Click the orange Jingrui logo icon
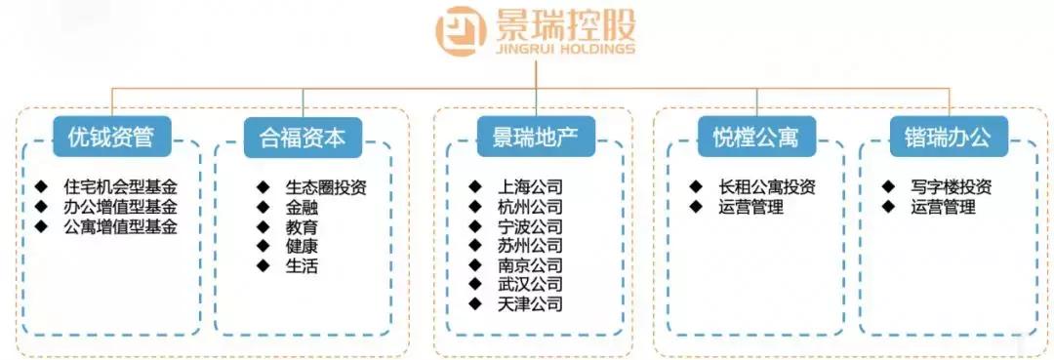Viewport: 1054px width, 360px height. coord(461,32)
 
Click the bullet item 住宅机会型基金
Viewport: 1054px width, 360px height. coord(121,186)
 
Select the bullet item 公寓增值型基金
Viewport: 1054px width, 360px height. coord(121,226)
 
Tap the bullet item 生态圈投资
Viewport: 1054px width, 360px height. coord(326,186)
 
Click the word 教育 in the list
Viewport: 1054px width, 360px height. coord(302,226)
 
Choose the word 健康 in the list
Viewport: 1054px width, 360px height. coord(302,246)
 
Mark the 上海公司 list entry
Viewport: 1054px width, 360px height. coord(529,186)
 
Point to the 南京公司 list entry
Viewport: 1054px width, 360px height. coord(529,264)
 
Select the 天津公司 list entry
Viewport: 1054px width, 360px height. coord(529,304)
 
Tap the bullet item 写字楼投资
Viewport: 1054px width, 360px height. coord(951,186)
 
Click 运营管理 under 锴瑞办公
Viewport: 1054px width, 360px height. coord(943,207)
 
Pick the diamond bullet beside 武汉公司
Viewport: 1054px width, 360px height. coord(475,285)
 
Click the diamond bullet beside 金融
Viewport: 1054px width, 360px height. coord(263,207)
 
